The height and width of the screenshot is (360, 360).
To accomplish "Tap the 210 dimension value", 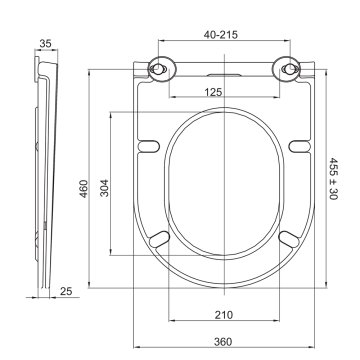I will (225, 314).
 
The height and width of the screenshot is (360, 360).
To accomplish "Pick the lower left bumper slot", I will (160, 237).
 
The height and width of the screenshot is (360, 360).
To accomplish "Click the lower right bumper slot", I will (289, 237).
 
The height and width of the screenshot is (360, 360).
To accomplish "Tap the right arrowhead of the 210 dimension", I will (275, 305).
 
